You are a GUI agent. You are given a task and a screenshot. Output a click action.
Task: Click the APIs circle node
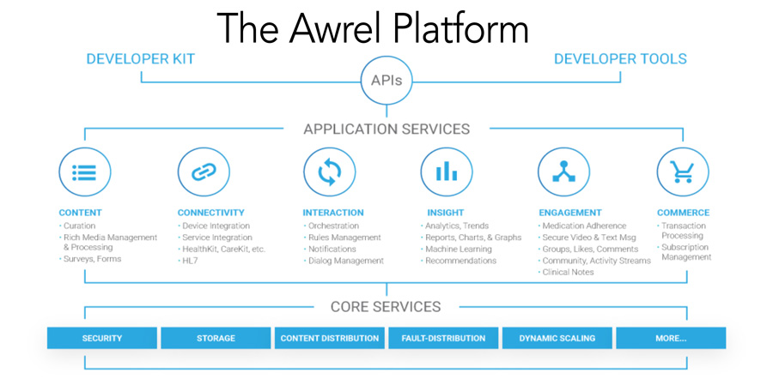click(386, 81)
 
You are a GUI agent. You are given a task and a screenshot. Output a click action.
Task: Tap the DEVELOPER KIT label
click(141, 59)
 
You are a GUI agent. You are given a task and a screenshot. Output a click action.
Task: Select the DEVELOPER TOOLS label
click(620, 59)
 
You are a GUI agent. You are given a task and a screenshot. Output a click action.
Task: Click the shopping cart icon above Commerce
click(683, 172)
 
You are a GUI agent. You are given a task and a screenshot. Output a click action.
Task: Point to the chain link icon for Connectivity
click(204, 172)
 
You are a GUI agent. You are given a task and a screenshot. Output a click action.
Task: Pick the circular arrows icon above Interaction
click(329, 172)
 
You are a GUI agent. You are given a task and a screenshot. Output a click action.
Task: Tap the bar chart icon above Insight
click(447, 172)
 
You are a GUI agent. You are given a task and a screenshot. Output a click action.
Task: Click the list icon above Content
click(85, 172)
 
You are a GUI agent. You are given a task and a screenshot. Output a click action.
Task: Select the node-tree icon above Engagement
click(564, 172)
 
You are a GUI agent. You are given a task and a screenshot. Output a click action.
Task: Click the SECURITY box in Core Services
click(102, 338)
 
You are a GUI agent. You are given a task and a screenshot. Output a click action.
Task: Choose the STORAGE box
click(216, 338)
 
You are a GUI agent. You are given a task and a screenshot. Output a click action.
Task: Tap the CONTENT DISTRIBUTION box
click(330, 338)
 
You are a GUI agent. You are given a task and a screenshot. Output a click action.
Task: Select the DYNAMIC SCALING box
click(557, 338)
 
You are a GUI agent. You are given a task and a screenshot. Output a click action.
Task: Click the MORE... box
click(671, 338)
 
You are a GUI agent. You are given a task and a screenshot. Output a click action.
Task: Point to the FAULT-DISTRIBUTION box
click(443, 338)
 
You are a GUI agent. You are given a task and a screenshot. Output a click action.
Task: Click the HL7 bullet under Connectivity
click(188, 261)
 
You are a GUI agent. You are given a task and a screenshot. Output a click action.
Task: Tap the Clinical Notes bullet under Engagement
click(566, 272)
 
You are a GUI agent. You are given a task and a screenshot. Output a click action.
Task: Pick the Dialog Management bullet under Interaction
click(344, 261)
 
